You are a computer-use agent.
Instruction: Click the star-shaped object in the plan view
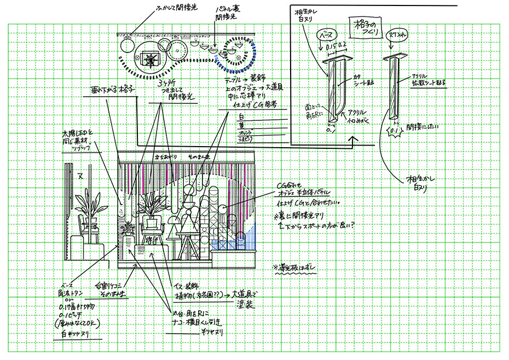pyautogui.click(x=149, y=57)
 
